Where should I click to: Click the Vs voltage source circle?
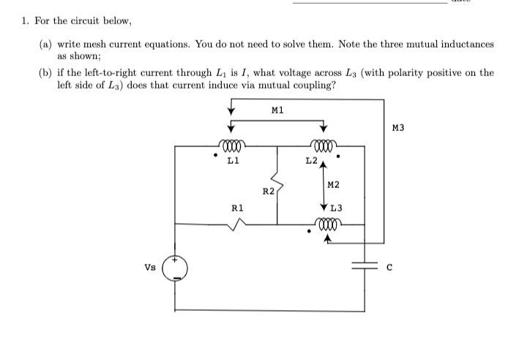tap(175, 269)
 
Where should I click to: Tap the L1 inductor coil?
tap(231, 145)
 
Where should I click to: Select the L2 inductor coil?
tap(323, 145)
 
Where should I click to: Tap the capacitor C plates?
tap(364, 266)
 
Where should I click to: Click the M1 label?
tap(277, 111)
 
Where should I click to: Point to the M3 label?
tap(398, 129)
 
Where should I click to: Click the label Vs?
tap(149, 267)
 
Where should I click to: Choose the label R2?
tap(267, 192)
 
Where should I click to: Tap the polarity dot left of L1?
tap(213, 156)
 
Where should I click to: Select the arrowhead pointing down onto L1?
tap(231, 132)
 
